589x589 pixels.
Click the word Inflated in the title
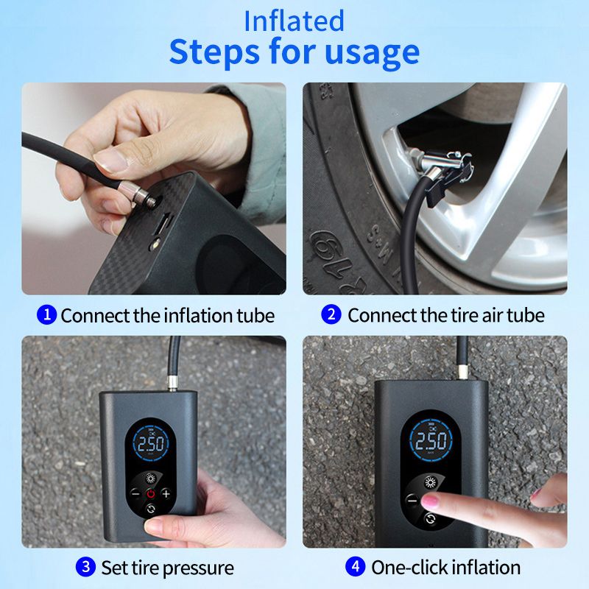point(294,21)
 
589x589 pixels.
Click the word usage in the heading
point(372,52)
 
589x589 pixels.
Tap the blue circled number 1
point(46,314)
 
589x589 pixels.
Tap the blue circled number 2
point(331,314)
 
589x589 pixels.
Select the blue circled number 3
point(85,566)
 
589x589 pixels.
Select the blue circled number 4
point(356,566)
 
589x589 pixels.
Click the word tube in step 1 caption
point(255,316)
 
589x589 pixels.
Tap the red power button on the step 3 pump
point(151,493)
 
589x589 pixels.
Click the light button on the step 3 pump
point(151,479)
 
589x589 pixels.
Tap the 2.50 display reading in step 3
point(151,444)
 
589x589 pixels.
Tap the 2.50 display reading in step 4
point(431,440)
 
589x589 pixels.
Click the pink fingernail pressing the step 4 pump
point(430,501)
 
